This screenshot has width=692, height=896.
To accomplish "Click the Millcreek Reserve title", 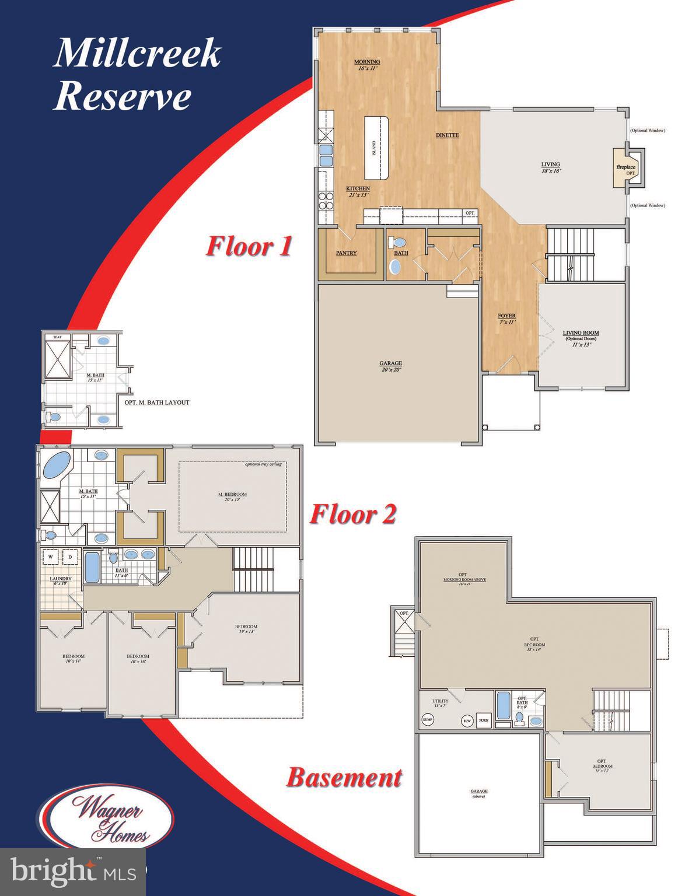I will tap(137, 75).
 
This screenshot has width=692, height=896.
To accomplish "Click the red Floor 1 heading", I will tap(248, 246).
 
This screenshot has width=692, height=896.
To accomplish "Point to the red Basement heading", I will tap(344, 778).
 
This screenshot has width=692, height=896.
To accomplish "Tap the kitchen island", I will tap(376, 147).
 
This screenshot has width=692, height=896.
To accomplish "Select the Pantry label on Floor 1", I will tap(346, 253).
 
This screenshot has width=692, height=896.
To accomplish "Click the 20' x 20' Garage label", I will tap(390, 366).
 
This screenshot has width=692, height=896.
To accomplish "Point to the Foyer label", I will tap(506, 318).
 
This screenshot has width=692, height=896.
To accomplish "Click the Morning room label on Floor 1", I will tap(368, 64).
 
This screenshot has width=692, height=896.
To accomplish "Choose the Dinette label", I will tap(448, 135).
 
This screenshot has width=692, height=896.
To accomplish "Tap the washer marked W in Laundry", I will tap(51, 556).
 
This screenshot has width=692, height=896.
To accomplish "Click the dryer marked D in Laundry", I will tap(71, 556).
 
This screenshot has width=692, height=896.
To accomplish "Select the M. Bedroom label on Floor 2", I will tap(232, 496).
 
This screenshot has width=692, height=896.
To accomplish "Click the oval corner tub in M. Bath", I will tap(55, 465).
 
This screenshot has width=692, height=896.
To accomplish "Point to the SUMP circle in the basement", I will tap(428, 720).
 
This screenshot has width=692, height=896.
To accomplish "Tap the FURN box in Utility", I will tap(484, 721).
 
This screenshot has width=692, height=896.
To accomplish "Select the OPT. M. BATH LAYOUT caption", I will tap(156, 402).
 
